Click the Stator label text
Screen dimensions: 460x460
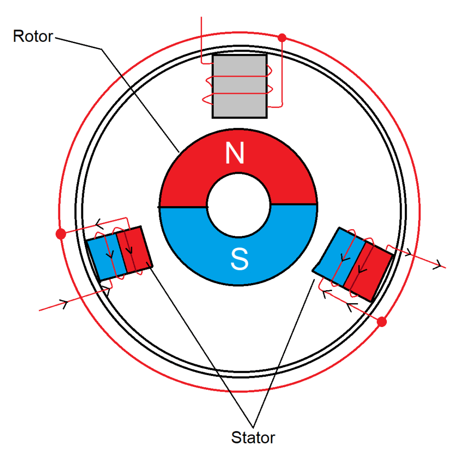pyautogui.click(x=253, y=437)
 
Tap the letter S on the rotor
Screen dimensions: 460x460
pyautogui.click(x=239, y=259)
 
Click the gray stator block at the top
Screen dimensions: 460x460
pyautogui.click(x=239, y=86)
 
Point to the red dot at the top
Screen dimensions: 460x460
pyautogui.click(x=282, y=38)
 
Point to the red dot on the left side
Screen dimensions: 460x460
pyautogui.click(x=61, y=234)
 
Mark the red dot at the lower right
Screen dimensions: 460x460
pyautogui.click(x=382, y=322)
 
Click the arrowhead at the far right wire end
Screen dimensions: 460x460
pyautogui.click(x=437, y=265)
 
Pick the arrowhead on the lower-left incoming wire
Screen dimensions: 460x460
pyautogui.click(x=64, y=303)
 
